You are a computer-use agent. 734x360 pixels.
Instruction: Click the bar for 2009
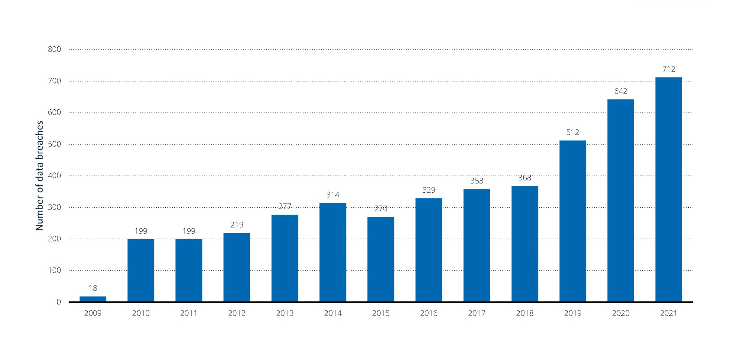[x=93, y=299]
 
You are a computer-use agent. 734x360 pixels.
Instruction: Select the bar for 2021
[x=669, y=189]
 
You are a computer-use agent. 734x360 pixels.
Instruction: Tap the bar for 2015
[x=381, y=259]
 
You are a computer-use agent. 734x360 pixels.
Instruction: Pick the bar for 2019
[x=573, y=221]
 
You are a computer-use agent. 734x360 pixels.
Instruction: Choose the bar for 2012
[x=237, y=267]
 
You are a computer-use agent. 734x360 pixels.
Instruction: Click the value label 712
[x=669, y=69]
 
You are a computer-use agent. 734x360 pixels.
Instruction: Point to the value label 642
[x=621, y=91]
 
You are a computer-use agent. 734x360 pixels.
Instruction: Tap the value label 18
[x=93, y=288]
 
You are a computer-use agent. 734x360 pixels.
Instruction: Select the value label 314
[x=333, y=195]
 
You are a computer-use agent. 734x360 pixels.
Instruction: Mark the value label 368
[x=524, y=178]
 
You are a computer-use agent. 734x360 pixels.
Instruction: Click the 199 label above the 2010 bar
[x=141, y=231]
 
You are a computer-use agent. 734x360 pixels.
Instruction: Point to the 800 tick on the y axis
[x=54, y=50]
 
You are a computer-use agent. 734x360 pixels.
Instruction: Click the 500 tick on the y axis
[x=54, y=144]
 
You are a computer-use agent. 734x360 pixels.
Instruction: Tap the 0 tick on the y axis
[x=59, y=302]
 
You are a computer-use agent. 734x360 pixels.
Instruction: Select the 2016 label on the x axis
[x=429, y=313]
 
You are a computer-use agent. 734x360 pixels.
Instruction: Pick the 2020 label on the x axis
[x=621, y=313]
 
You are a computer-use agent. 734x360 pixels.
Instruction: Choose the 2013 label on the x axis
[x=285, y=313]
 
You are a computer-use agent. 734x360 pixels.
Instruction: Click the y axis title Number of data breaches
[x=40, y=175]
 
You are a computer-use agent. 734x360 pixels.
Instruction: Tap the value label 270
[x=381, y=209]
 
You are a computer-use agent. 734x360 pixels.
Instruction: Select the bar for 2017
[x=477, y=245]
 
